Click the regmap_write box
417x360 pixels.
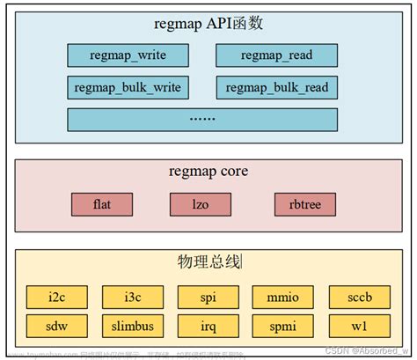[128, 55]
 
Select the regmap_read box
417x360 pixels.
[276, 55]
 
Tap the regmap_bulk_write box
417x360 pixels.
[128, 87]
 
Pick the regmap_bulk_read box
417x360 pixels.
[276, 87]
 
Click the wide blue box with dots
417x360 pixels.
[201, 118]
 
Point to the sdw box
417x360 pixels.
[56, 326]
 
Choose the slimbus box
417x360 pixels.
[133, 326]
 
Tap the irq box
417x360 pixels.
[208, 326]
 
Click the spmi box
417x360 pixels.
[283, 326]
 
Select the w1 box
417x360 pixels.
[358, 326]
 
